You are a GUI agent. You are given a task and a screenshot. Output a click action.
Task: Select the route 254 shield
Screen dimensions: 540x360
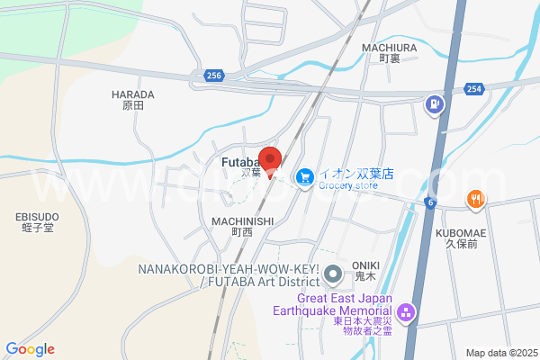coord(474,87)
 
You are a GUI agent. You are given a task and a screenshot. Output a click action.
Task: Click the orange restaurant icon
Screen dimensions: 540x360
coord(474,199)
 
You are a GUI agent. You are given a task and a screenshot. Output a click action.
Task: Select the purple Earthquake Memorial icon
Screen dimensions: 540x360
coord(406,313)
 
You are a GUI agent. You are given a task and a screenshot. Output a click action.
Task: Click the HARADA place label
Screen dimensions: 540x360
coord(133,94)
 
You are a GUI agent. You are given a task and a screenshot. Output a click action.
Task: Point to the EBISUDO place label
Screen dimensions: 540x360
coord(37,217)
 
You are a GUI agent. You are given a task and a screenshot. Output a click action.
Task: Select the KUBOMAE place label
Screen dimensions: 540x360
coord(461,232)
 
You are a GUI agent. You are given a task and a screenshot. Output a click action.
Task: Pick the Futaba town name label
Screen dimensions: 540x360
coord(238,162)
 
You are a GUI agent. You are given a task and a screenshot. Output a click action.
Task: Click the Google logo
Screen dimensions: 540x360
coord(31,349)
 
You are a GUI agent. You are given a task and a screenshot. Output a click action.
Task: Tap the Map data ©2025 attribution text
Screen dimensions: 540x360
coord(500,353)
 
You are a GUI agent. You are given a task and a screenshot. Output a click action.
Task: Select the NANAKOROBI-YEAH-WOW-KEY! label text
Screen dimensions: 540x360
coord(229,269)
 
